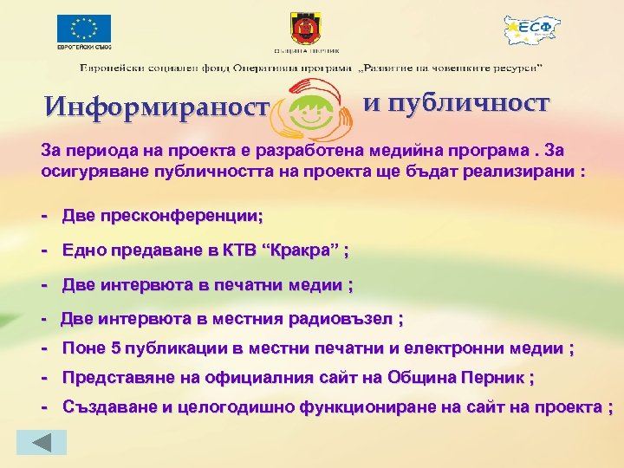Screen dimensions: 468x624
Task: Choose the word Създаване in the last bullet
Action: pyautogui.click(x=105, y=407)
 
